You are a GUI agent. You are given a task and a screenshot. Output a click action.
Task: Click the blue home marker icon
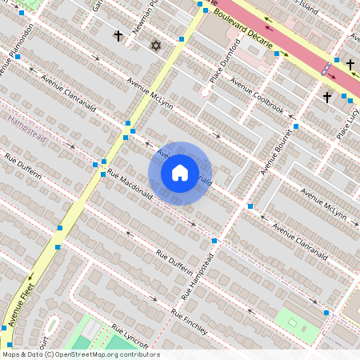click(180, 173)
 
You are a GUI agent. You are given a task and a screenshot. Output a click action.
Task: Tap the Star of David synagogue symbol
click(156, 46)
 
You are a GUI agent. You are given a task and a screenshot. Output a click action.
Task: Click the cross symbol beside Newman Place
click(118, 36)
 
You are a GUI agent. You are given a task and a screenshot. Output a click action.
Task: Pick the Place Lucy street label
click(346, 120)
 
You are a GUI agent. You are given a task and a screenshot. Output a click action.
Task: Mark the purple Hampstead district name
click(27, 129)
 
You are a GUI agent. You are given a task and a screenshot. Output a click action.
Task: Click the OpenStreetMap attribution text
click(81, 354)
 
